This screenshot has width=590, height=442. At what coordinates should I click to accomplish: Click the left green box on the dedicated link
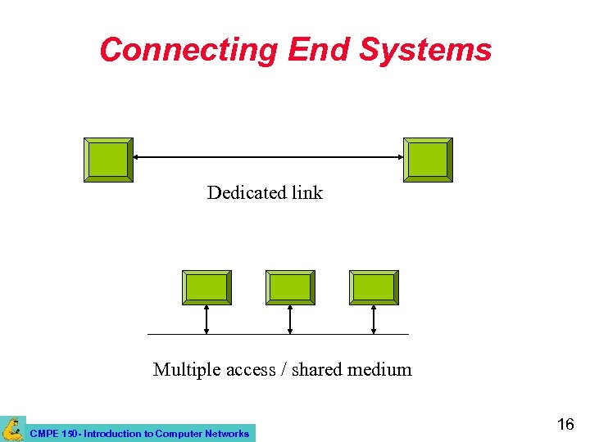108,160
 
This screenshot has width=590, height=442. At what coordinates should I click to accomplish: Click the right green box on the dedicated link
428,160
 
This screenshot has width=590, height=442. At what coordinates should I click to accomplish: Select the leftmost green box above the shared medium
206,287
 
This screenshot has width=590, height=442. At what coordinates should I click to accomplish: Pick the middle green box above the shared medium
290,287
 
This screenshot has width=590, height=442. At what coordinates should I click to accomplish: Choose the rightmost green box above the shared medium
374,287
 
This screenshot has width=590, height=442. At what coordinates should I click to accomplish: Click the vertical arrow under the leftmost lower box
206,319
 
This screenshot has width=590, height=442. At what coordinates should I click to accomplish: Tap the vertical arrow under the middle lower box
290,319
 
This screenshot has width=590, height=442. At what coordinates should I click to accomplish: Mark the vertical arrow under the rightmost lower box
374,319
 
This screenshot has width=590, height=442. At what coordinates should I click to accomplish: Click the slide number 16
565,424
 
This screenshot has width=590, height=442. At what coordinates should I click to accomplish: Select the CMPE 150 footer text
139,434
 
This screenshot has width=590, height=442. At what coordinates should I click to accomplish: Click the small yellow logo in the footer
12,429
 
